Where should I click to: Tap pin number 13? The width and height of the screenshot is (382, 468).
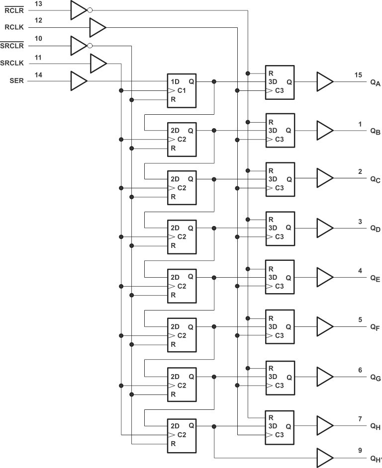(x=38, y=3)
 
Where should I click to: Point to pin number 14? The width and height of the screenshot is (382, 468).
(x=38, y=75)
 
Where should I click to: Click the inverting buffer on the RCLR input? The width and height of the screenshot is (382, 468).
(x=79, y=10)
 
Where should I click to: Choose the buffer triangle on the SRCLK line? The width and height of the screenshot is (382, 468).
(x=97, y=64)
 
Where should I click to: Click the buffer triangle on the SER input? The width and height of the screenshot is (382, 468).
(x=79, y=81)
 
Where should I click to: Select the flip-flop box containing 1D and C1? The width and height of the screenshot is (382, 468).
(x=182, y=90)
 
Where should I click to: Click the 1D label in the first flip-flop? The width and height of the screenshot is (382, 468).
(x=175, y=81)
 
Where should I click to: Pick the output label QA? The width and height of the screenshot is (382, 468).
(x=375, y=83)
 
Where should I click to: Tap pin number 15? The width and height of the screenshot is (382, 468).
(x=358, y=75)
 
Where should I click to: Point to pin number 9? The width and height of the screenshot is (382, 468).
(x=360, y=451)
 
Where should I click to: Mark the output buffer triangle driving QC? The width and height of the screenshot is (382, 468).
(x=324, y=179)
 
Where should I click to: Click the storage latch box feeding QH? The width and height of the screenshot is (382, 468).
(x=280, y=426)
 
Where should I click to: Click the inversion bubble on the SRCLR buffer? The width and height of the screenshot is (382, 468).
(x=90, y=46)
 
